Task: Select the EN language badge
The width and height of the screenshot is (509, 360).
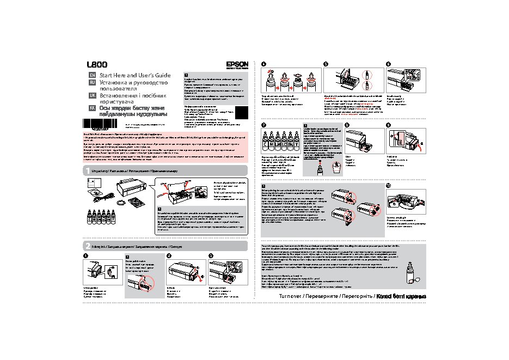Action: click(x=92, y=75)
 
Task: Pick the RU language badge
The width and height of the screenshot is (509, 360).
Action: click(x=92, y=82)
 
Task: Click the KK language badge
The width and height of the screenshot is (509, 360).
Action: click(x=92, y=108)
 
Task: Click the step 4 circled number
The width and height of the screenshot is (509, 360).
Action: click(x=264, y=64)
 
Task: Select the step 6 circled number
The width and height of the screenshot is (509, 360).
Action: click(x=388, y=64)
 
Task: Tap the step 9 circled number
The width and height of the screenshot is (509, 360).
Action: click(x=388, y=125)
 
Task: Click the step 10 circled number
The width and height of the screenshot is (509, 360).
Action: click(x=388, y=186)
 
